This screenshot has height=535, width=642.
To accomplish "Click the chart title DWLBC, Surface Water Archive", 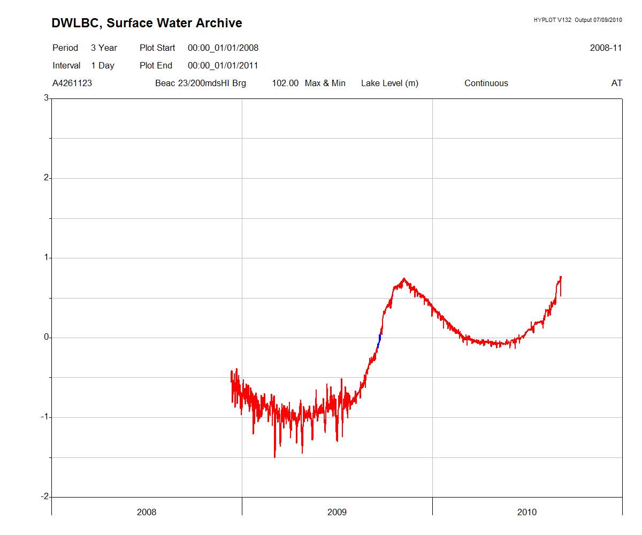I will (147, 23).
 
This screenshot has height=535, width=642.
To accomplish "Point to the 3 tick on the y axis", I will (47, 98).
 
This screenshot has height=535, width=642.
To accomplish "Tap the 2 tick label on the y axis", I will (47, 178).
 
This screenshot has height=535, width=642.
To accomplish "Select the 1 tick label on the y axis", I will (47, 257).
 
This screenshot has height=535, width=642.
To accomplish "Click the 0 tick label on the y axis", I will (47, 337).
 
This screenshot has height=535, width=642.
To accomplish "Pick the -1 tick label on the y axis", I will (45, 417).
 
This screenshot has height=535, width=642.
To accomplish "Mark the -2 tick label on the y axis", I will (45, 496).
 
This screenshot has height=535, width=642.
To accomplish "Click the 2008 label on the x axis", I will (147, 512).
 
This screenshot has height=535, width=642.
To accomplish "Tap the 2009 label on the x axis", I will (337, 512).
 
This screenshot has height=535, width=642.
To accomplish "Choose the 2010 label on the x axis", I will (527, 512).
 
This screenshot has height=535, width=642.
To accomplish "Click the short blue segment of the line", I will (379, 341).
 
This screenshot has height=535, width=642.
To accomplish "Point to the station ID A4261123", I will (72, 83).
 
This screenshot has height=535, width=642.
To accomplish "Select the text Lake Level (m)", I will (389, 83).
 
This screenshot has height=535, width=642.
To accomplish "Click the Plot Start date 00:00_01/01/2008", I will (223, 48).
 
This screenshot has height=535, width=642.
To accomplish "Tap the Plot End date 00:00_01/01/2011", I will (223, 65).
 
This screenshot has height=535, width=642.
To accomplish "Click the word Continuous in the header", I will (486, 83).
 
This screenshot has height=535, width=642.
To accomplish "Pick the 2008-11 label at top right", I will (606, 48).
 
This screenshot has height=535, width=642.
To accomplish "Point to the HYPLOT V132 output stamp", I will (578, 20).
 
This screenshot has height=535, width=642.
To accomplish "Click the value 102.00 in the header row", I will (285, 83).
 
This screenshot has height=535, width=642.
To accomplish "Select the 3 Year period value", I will (104, 48).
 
